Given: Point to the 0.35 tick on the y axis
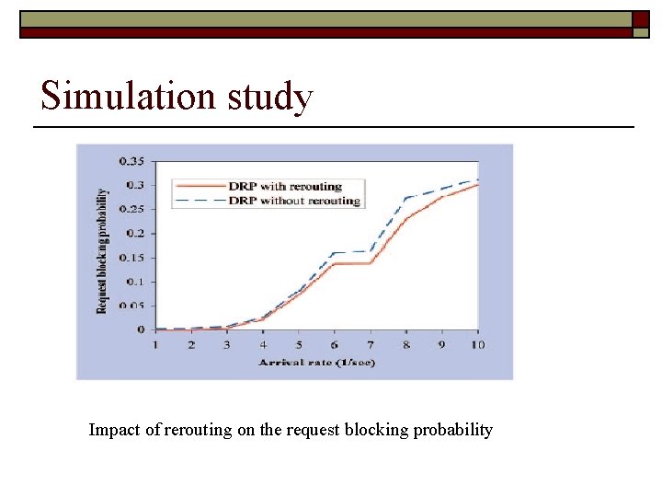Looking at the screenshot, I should tap(132, 161).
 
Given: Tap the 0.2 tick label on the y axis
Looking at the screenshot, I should tap(135, 234).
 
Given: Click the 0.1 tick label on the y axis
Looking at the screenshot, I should tap(135, 282).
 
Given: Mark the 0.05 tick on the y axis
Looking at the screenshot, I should tap(132, 306).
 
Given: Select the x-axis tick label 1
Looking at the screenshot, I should tap(154, 344).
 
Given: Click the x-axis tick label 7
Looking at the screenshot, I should tap(370, 344).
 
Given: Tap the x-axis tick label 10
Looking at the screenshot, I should tap(477, 344).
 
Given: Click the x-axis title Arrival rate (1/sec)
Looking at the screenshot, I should tap(316, 363).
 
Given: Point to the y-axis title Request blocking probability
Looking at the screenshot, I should tap(102, 250).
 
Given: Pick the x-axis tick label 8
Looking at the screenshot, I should tap(405, 344).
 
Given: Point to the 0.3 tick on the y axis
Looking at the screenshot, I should tap(135, 185).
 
